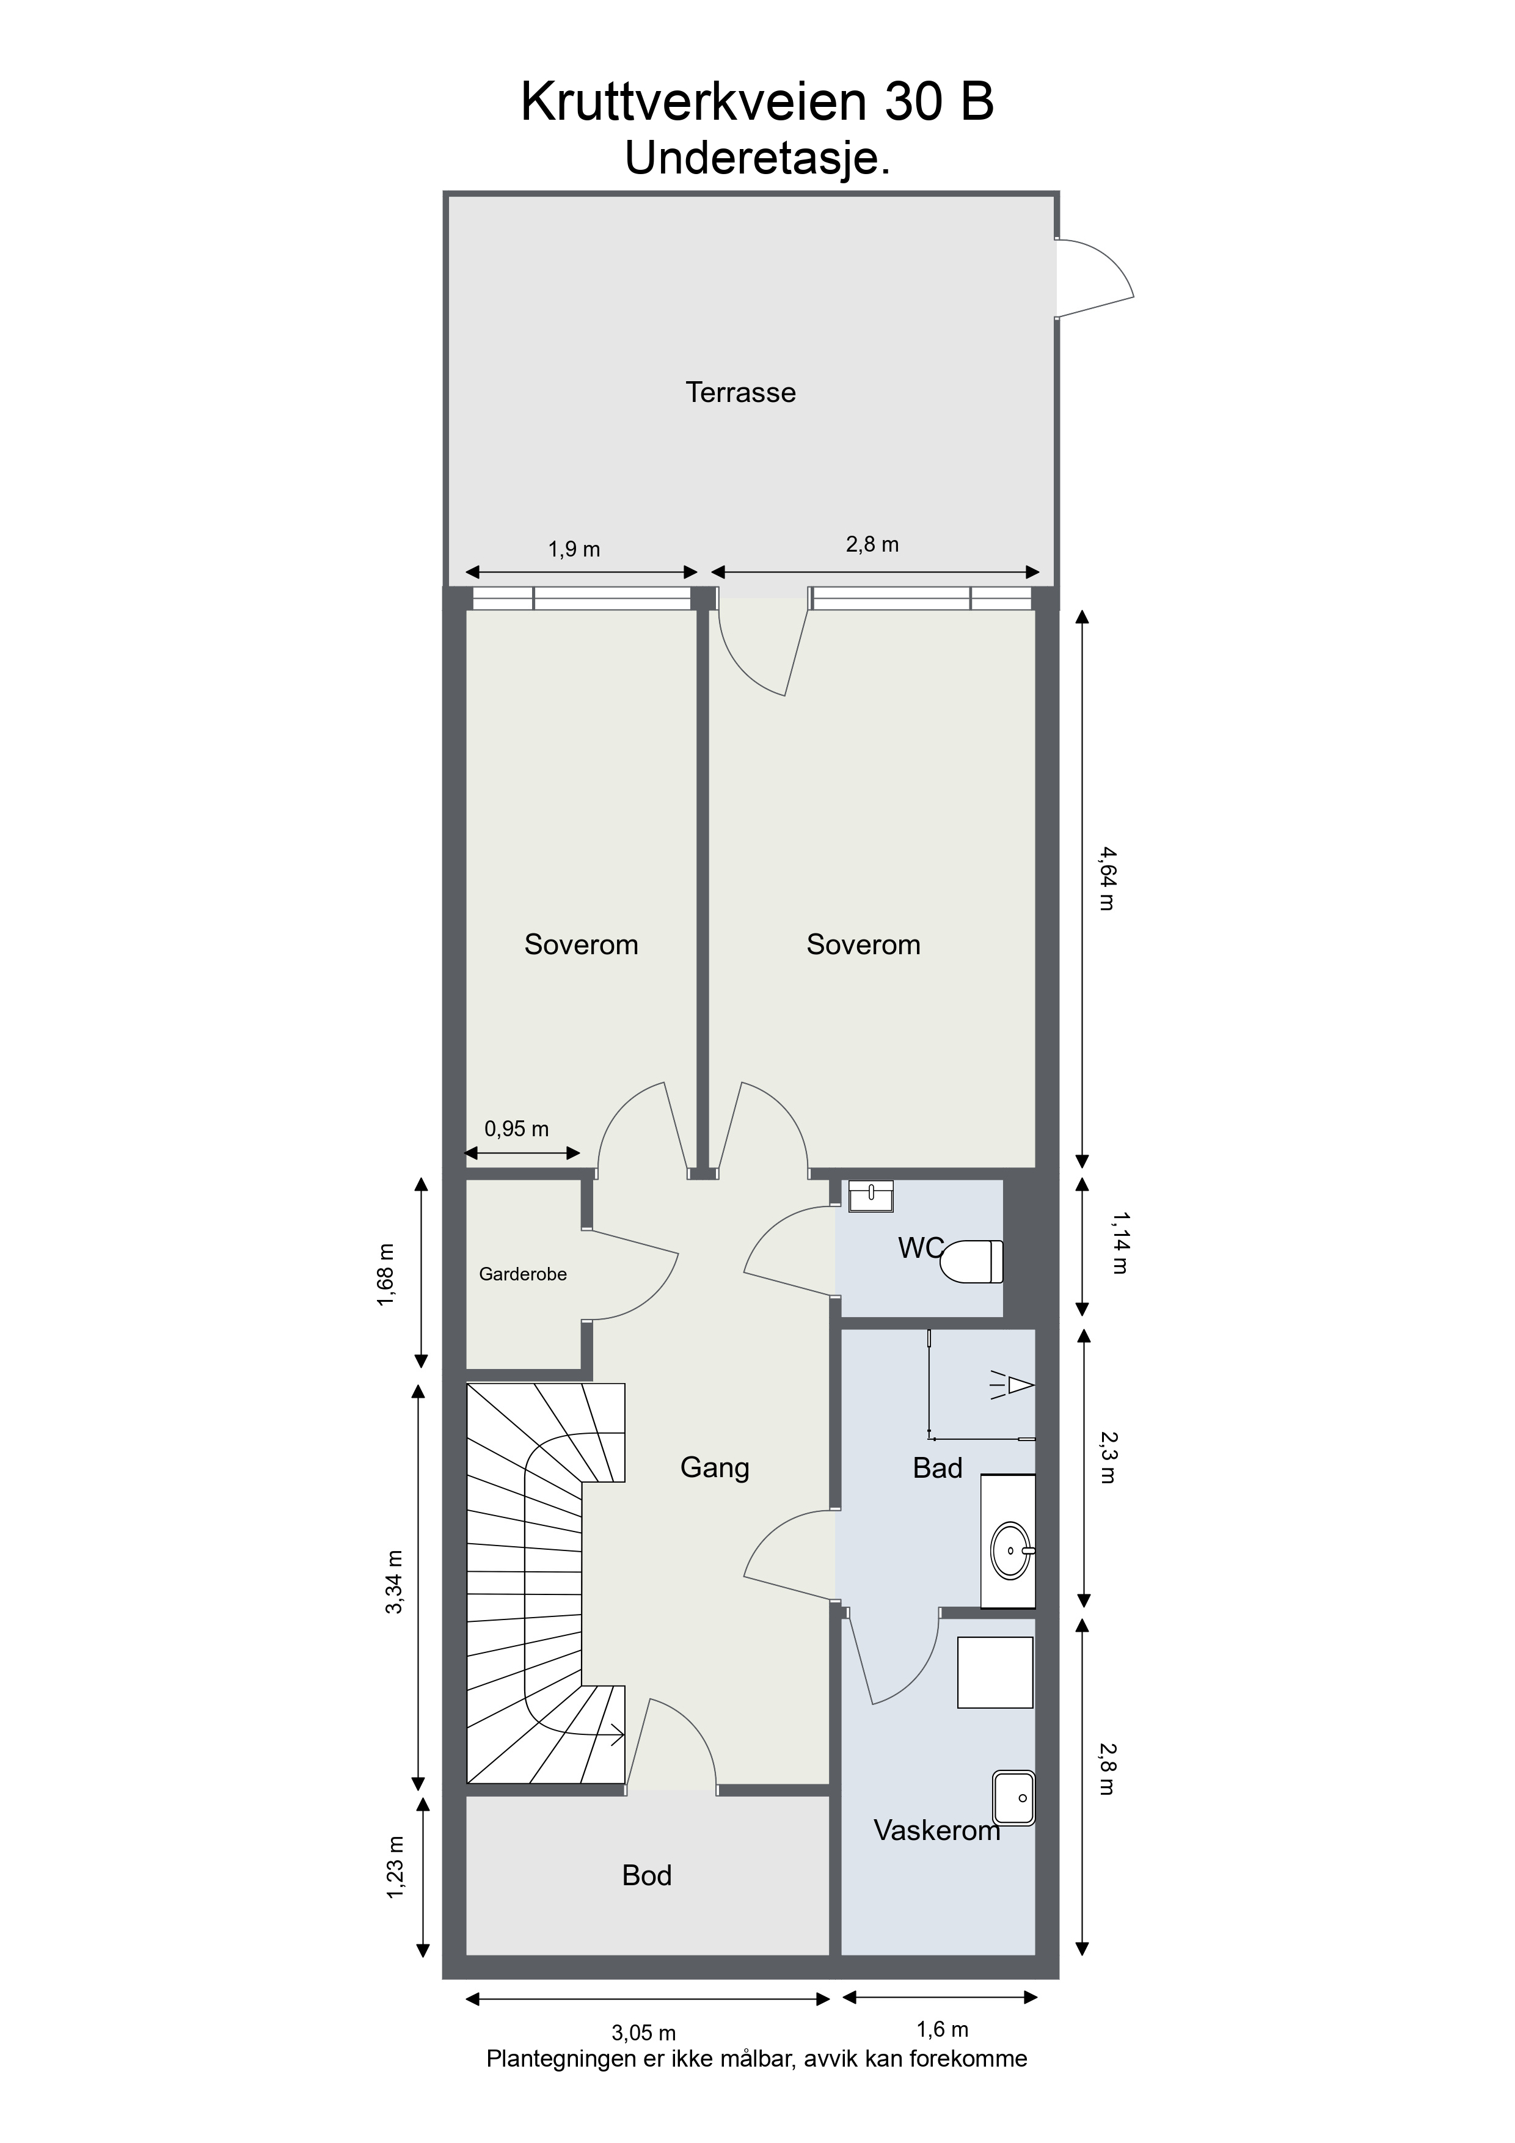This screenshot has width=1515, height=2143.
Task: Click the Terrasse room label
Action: (740, 392)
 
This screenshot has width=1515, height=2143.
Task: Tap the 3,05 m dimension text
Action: (643, 2033)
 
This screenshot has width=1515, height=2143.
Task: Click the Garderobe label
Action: (523, 1274)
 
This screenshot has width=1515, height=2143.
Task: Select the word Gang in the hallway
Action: (715, 1468)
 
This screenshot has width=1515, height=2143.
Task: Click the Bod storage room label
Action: (647, 1876)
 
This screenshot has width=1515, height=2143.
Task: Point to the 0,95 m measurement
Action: (516, 1128)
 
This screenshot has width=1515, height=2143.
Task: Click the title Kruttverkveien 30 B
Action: (757, 102)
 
